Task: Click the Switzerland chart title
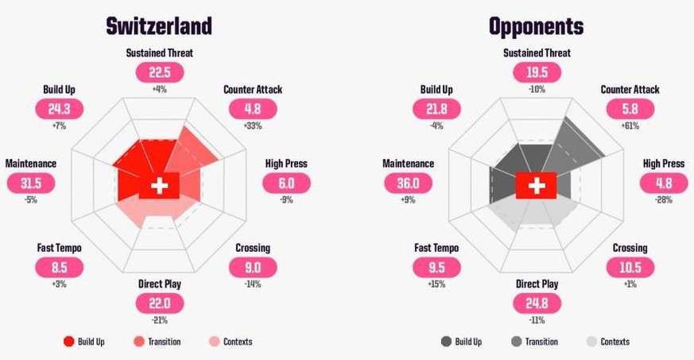(x=159, y=26)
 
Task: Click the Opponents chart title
(x=537, y=26)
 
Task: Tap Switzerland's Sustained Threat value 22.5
(x=159, y=72)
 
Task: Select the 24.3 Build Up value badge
(x=60, y=109)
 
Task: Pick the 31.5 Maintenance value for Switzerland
(x=30, y=183)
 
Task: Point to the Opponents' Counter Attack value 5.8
(x=630, y=109)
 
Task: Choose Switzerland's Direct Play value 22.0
(x=160, y=303)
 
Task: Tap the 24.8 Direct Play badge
(x=537, y=303)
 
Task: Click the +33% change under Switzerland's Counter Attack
(x=253, y=126)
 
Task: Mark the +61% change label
(x=630, y=126)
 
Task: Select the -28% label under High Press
(x=664, y=199)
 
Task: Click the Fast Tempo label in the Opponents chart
(x=436, y=248)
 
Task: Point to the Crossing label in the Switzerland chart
(x=253, y=248)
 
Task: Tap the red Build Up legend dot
(x=68, y=342)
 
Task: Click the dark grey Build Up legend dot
(x=446, y=342)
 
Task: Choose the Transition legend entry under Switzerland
(x=157, y=342)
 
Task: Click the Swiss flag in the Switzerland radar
(x=160, y=186)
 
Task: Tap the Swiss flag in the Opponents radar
(x=537, y=186)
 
